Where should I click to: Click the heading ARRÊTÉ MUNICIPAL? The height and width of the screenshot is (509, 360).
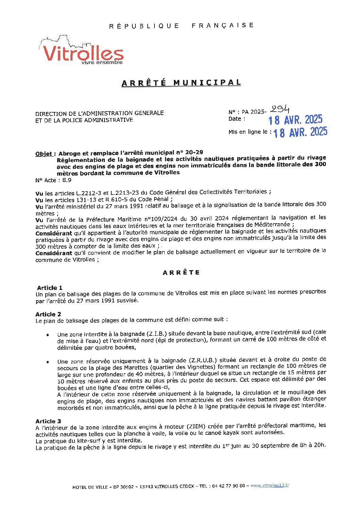181,83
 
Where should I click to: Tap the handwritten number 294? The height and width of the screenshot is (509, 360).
280,109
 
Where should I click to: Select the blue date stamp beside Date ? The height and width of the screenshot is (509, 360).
295,120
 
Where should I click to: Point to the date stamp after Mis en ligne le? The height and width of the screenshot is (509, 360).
300,132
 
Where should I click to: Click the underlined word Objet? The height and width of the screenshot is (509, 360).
44,153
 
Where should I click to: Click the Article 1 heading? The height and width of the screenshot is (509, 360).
50,288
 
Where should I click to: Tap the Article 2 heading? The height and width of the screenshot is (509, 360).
48,314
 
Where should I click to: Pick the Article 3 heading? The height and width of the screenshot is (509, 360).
48,421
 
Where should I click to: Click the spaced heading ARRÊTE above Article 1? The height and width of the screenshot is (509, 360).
181,273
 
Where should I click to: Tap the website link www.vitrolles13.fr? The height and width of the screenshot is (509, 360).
269,486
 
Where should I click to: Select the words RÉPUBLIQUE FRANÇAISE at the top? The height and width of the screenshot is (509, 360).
181,26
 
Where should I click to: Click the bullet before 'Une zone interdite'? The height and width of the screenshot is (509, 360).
48,335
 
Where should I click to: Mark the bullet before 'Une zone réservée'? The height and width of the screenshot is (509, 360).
48,362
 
